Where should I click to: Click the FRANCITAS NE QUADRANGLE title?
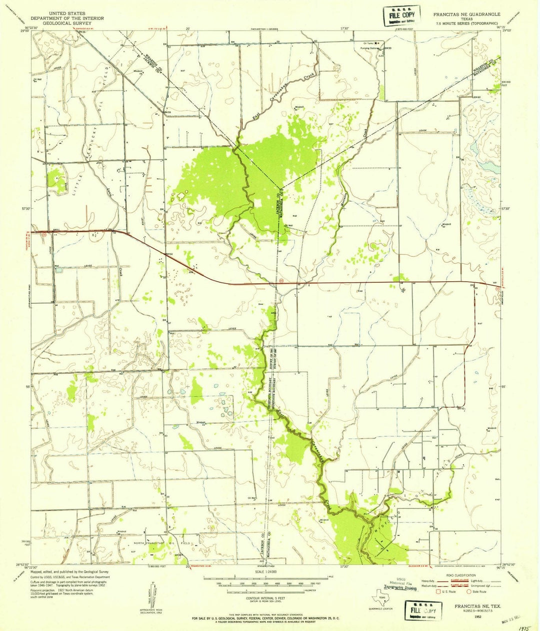point(468,15)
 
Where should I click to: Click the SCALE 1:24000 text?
point(268,572)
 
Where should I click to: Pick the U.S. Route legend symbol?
point(440,591)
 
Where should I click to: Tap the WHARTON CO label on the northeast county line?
point(481,67)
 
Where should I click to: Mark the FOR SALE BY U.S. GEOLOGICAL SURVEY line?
point(268,618)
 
